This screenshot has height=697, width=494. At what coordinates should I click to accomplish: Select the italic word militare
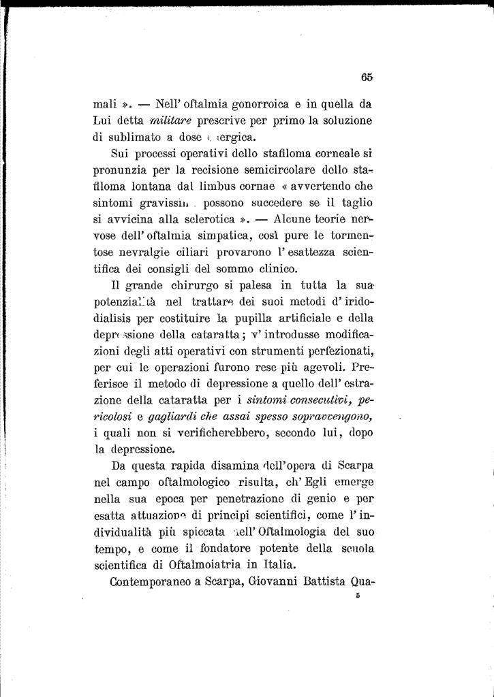(x=168, y=121)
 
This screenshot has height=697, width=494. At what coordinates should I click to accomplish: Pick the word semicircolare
(x=264, y=169)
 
